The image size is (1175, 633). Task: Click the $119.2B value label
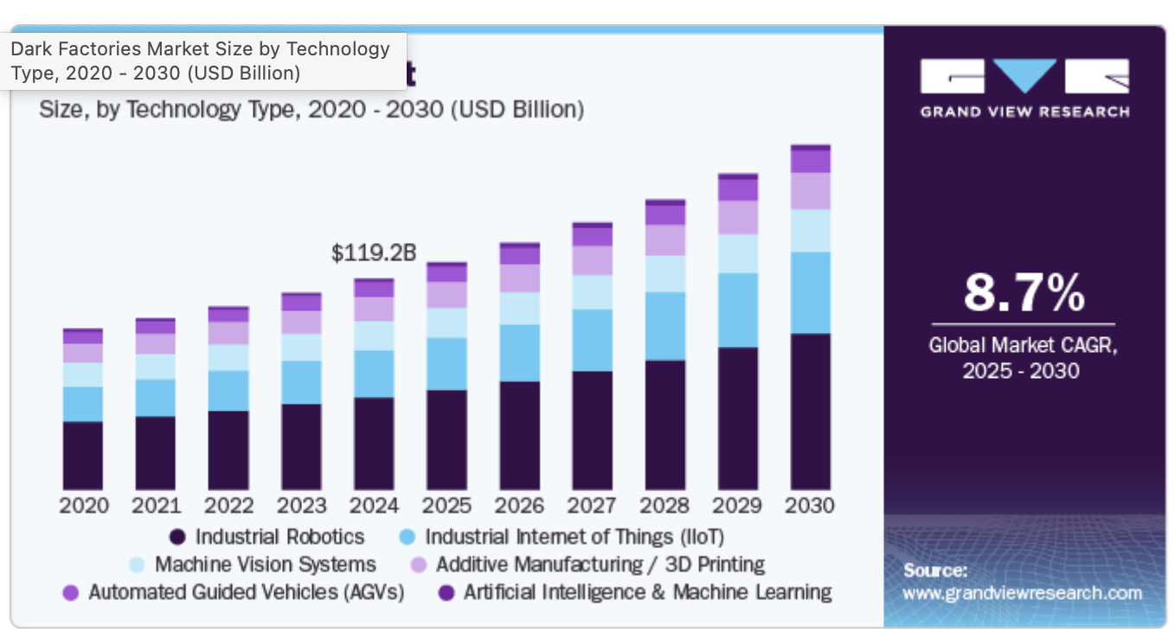(374, 253)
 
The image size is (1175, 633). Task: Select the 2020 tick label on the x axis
(84, 505)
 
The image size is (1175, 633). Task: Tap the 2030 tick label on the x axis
(810, 505)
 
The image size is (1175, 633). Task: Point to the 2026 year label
(519, 505)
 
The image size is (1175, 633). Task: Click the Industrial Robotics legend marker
(177, 537)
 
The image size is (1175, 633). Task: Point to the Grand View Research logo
(1024, 87)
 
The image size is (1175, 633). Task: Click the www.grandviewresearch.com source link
(1022, 593)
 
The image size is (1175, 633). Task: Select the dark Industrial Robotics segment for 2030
(810, 412)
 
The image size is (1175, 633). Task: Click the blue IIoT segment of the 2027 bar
(592, 340)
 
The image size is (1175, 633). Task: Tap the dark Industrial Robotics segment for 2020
(83, 456)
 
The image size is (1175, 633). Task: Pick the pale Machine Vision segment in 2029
(737, 253)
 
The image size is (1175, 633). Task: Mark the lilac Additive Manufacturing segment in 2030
(810, 191)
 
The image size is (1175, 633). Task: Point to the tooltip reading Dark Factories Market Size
(204, 61)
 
